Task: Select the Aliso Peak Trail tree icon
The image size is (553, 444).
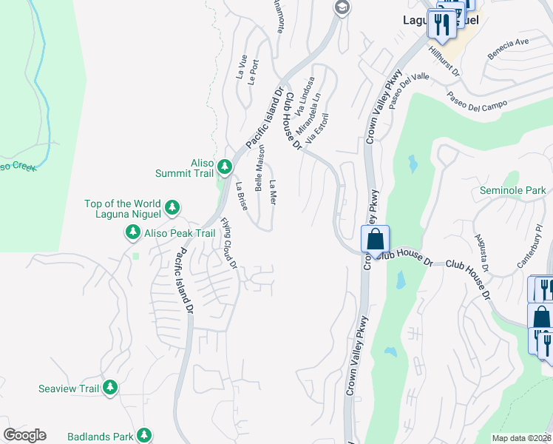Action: click(133, 233)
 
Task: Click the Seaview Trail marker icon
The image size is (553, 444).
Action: click(109, 388)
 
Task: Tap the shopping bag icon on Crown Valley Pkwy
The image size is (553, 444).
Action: click(375, 240)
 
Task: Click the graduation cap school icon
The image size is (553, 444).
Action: click(342, 8)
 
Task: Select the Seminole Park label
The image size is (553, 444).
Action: click(512, 191)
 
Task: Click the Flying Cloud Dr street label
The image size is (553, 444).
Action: click(228, 243)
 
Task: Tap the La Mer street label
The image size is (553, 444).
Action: click(274, 193)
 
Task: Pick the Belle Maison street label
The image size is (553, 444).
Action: click(260, 168)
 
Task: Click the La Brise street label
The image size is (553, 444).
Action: click(241, 196)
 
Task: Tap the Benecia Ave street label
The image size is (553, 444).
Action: click(508, 49)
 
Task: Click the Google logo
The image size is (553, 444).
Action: click(24, 435)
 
